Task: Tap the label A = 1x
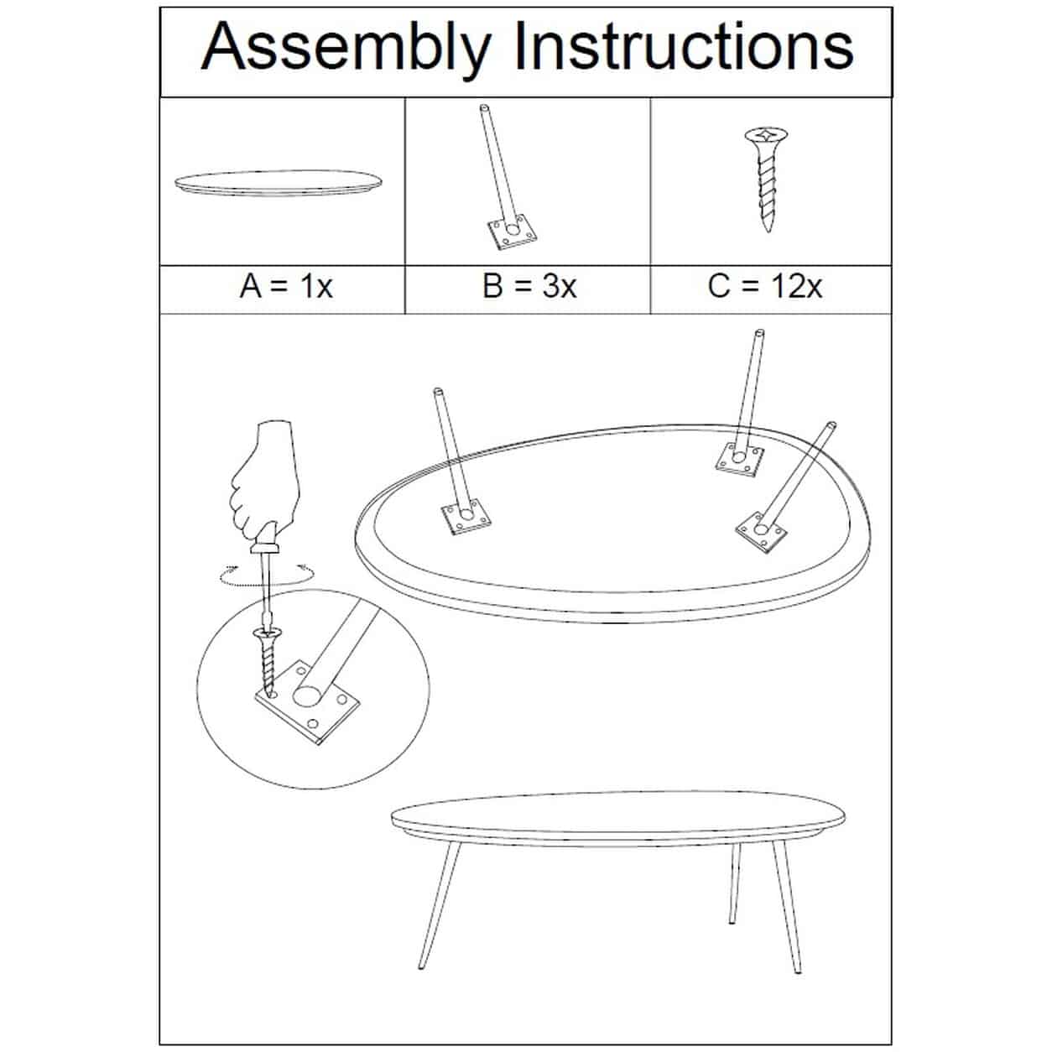[x=286, y=286]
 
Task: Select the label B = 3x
[x=529, y=286]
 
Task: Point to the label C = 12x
[x=764, y=286]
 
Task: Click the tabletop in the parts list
[x=279, y=183]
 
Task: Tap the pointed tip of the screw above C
[x=768, y=231]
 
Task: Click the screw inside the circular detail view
[x=267, y=663]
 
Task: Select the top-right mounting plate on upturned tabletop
[x=738, y=458]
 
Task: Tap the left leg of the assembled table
[x=439, y=906]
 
